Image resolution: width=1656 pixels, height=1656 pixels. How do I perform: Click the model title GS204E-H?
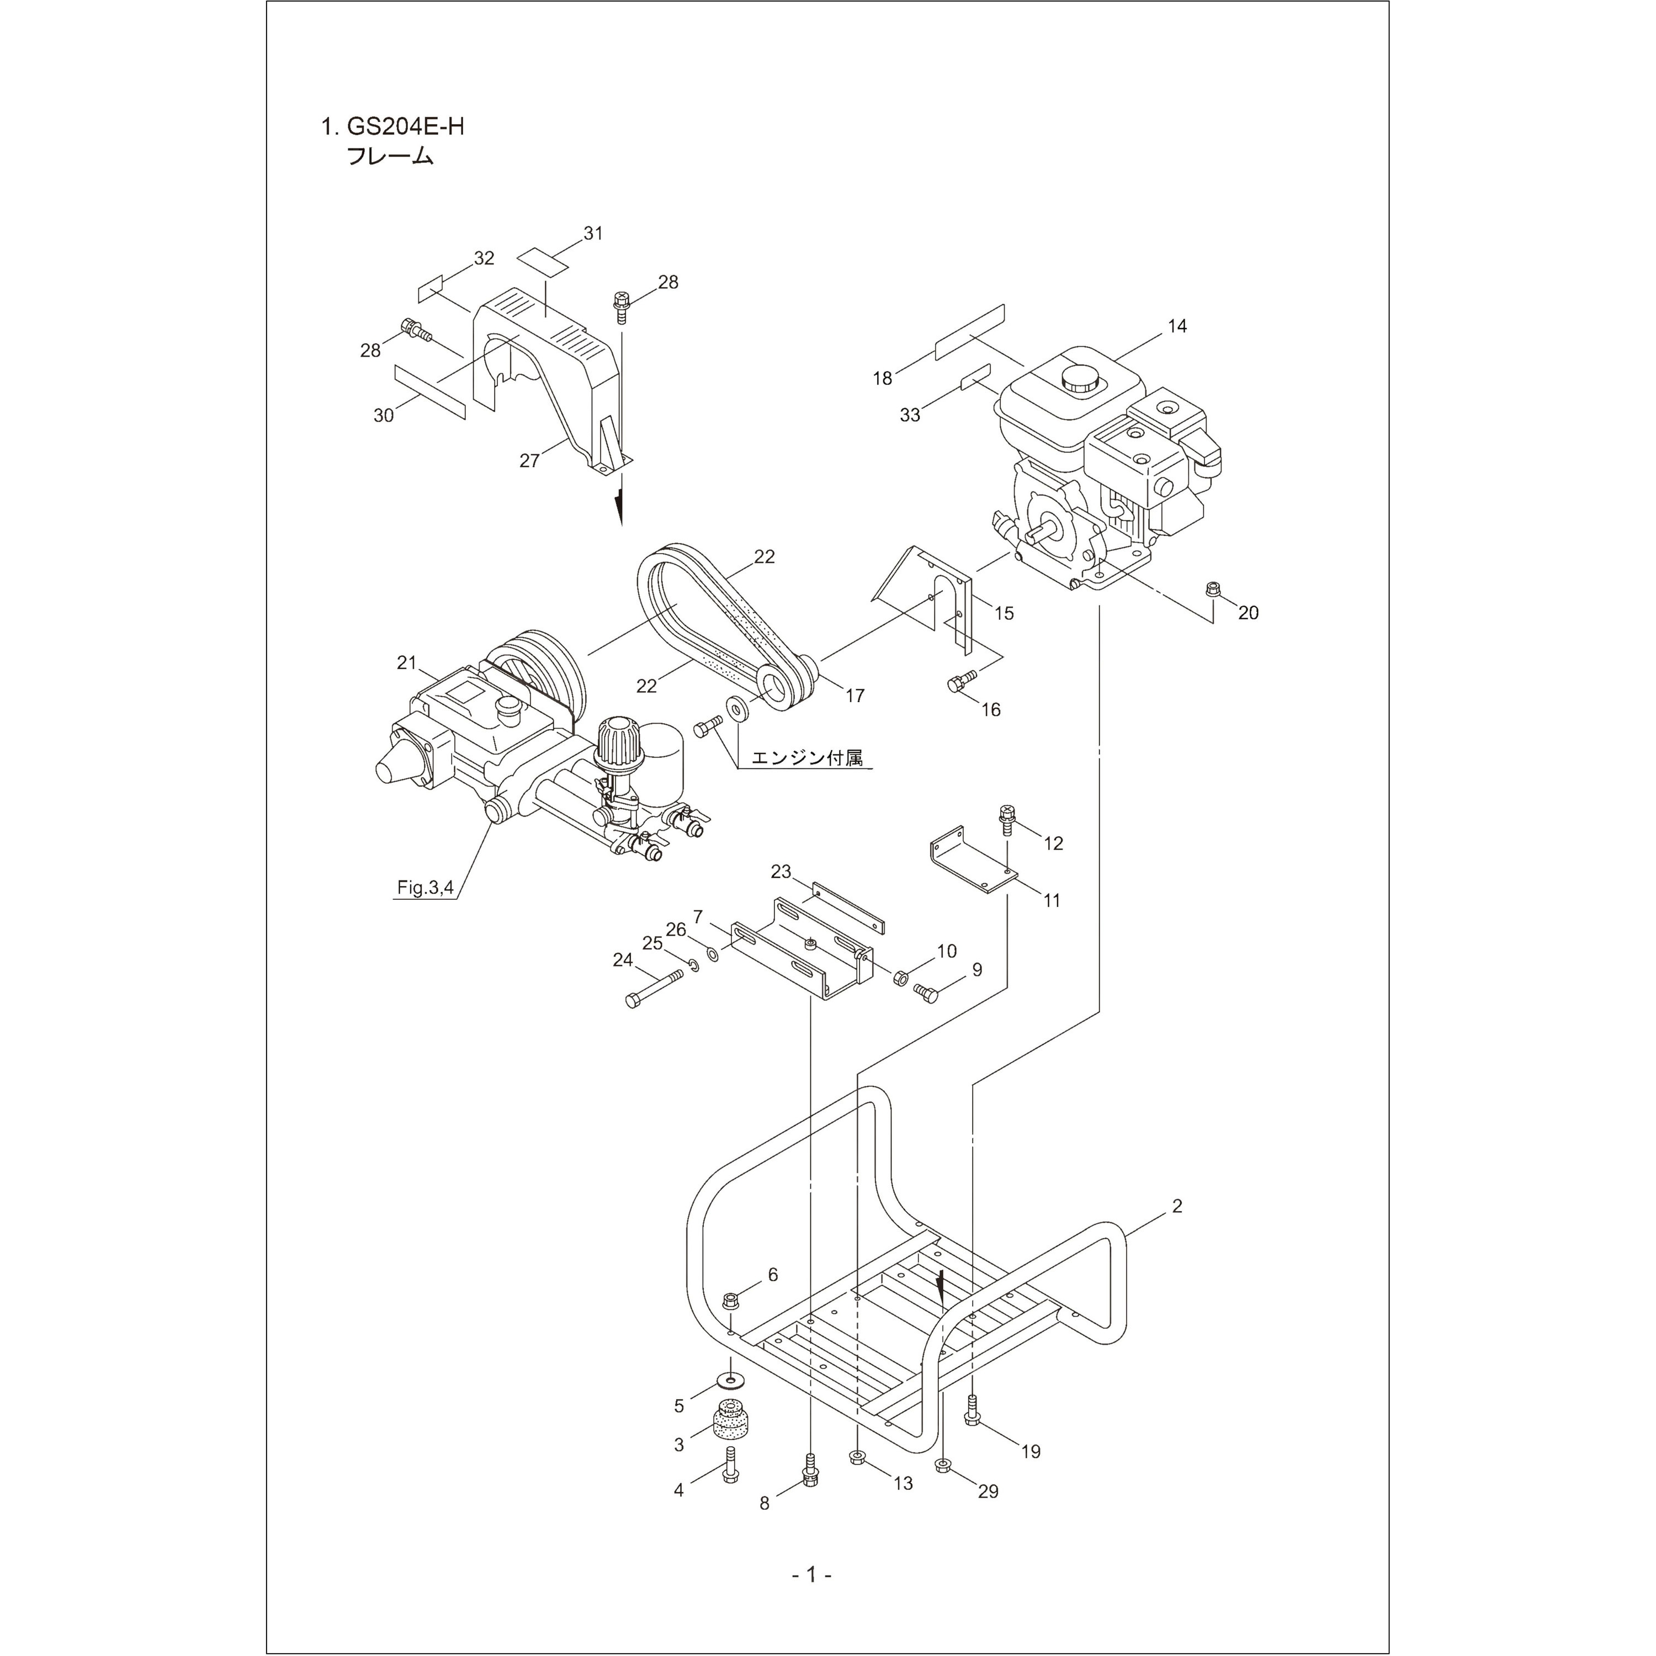pos(405,127)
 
